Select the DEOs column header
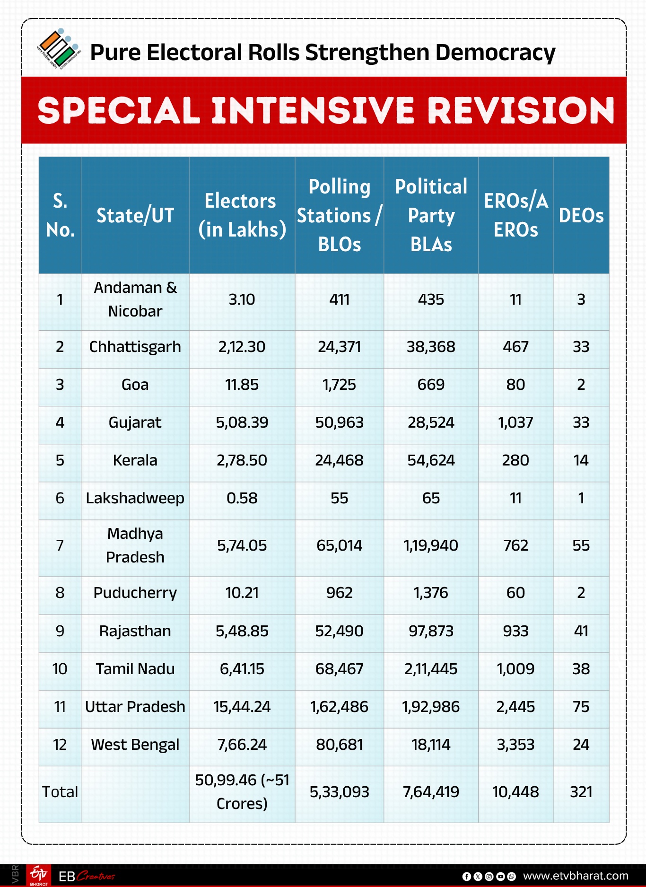(581, 216)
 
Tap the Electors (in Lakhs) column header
(242, 216)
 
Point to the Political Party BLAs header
(431, 216)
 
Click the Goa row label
(135, 385)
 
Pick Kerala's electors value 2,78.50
(242, 460)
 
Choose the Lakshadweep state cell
(135, 498)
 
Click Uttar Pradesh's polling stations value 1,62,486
(339, 707)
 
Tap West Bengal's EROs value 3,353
(515, 745)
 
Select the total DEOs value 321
(581, 792)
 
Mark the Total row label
(60, 792)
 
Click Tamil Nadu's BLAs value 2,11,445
(431, 669)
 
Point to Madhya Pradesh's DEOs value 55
(581, 545)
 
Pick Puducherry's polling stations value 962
(339, 593)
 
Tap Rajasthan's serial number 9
(60, 631)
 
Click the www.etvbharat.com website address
(576, 876)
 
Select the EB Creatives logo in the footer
(87, 877)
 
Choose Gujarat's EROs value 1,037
(515, 422)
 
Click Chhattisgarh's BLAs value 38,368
(431, 347)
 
